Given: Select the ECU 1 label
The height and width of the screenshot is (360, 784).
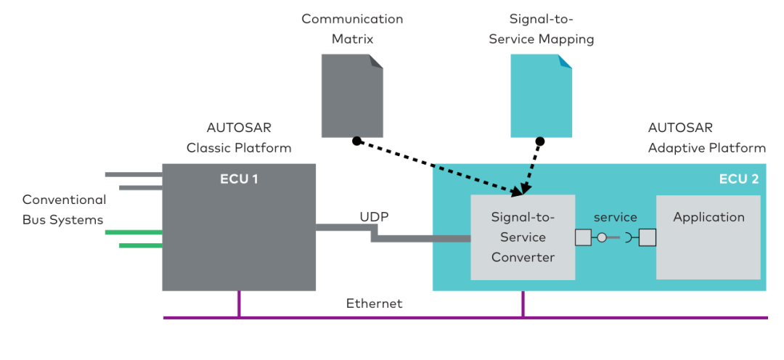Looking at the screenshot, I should tap(239, 179).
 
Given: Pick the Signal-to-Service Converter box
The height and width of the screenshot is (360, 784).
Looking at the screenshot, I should tap(523, 237).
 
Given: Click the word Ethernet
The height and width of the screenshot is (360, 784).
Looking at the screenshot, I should tap(374, 303).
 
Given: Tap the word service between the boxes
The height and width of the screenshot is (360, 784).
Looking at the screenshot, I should tap(615, 217).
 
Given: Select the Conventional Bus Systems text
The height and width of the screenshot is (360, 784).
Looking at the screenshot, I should tap(64, 209).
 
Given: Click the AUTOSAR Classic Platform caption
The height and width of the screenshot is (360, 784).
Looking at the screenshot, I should tap(239, 138).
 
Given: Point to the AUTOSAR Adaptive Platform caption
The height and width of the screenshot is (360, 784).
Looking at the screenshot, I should tap(706, 138).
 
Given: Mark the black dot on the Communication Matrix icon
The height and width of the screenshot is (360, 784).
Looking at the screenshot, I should tap(356, 140).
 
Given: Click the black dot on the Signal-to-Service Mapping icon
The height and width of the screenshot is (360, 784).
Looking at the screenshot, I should tap(540, 140).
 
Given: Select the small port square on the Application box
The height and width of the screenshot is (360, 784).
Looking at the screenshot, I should tap(648, 237).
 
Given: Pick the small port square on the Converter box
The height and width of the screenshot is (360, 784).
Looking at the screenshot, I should tap(583, 237).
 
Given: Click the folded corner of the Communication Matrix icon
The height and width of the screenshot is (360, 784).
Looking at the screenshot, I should tap(376, 61).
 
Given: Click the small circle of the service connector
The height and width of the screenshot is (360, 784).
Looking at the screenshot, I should tap(602, 237).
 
